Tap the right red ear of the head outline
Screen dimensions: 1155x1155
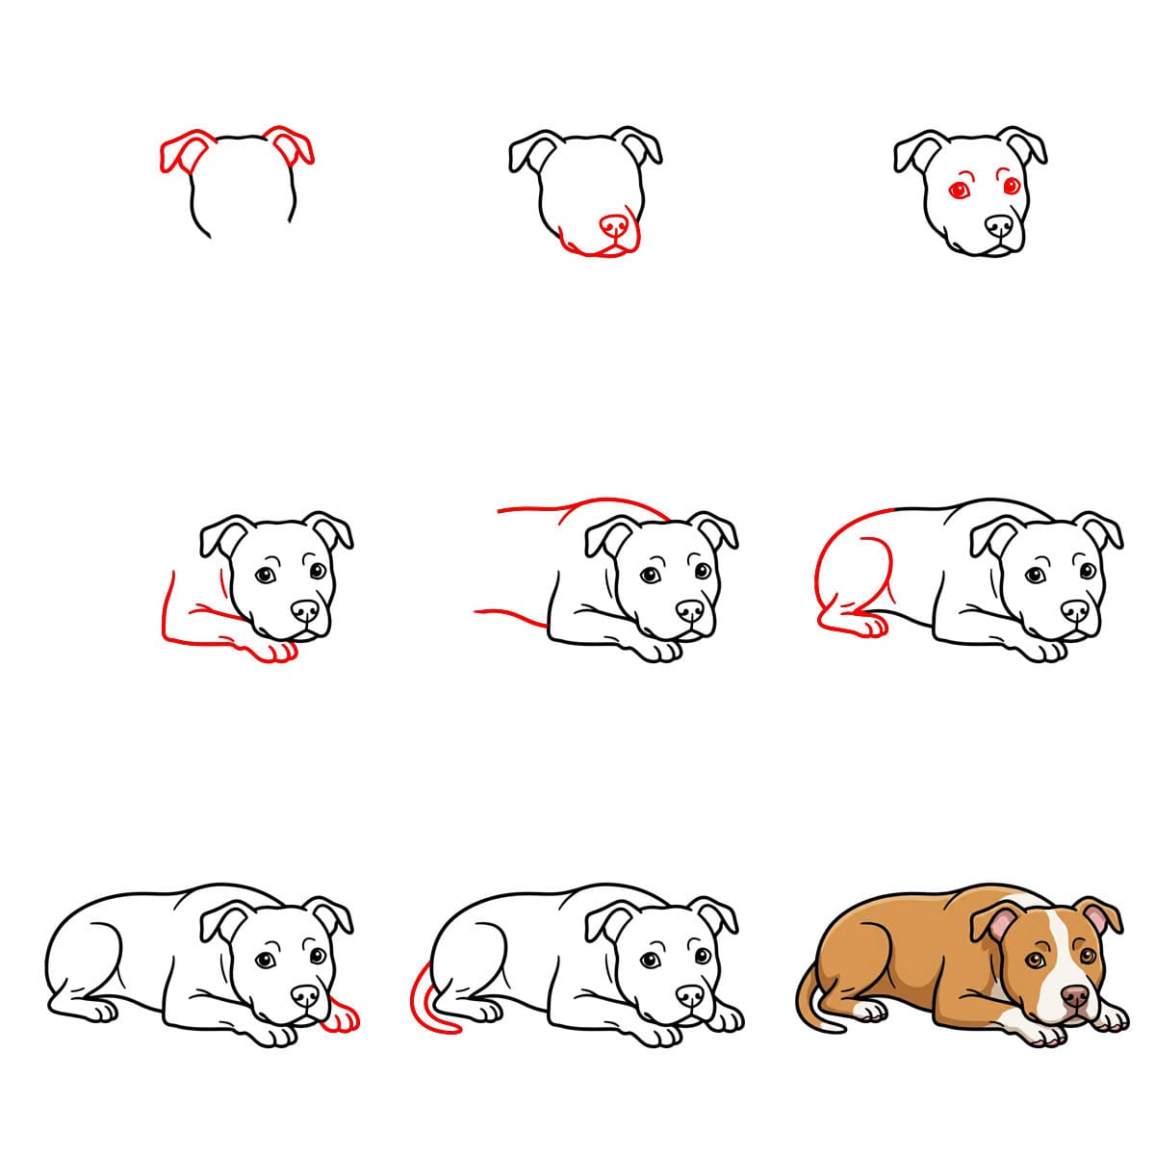292,145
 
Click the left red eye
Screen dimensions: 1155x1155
960,191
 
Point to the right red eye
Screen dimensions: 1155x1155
1012,186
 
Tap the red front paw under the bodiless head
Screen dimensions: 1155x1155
274,651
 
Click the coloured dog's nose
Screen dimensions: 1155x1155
1074,996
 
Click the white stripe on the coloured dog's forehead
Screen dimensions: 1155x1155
1057,938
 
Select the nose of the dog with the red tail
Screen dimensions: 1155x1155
689,996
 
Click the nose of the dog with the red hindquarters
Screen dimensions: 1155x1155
1074,611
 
